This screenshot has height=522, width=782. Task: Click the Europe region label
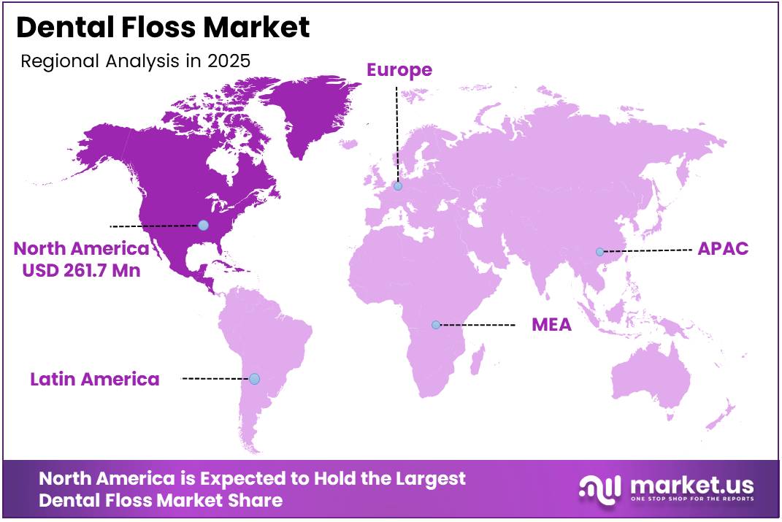click(399, 70)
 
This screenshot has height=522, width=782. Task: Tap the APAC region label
click(723, 248)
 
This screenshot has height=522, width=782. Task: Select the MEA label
click(551, 325)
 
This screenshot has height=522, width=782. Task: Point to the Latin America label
click(95, 379)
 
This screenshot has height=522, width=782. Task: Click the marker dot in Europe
click(398, 186)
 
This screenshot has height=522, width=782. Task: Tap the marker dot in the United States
click(203, 225)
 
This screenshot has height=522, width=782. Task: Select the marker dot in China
click(599, 252)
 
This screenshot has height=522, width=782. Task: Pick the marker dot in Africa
click(436, 324)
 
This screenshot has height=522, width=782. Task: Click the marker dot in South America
click(254, 379)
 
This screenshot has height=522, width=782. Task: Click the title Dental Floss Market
click(163, 27)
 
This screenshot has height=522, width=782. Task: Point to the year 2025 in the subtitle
click(229, 61)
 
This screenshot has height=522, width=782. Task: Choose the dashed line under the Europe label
click(397, 131)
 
